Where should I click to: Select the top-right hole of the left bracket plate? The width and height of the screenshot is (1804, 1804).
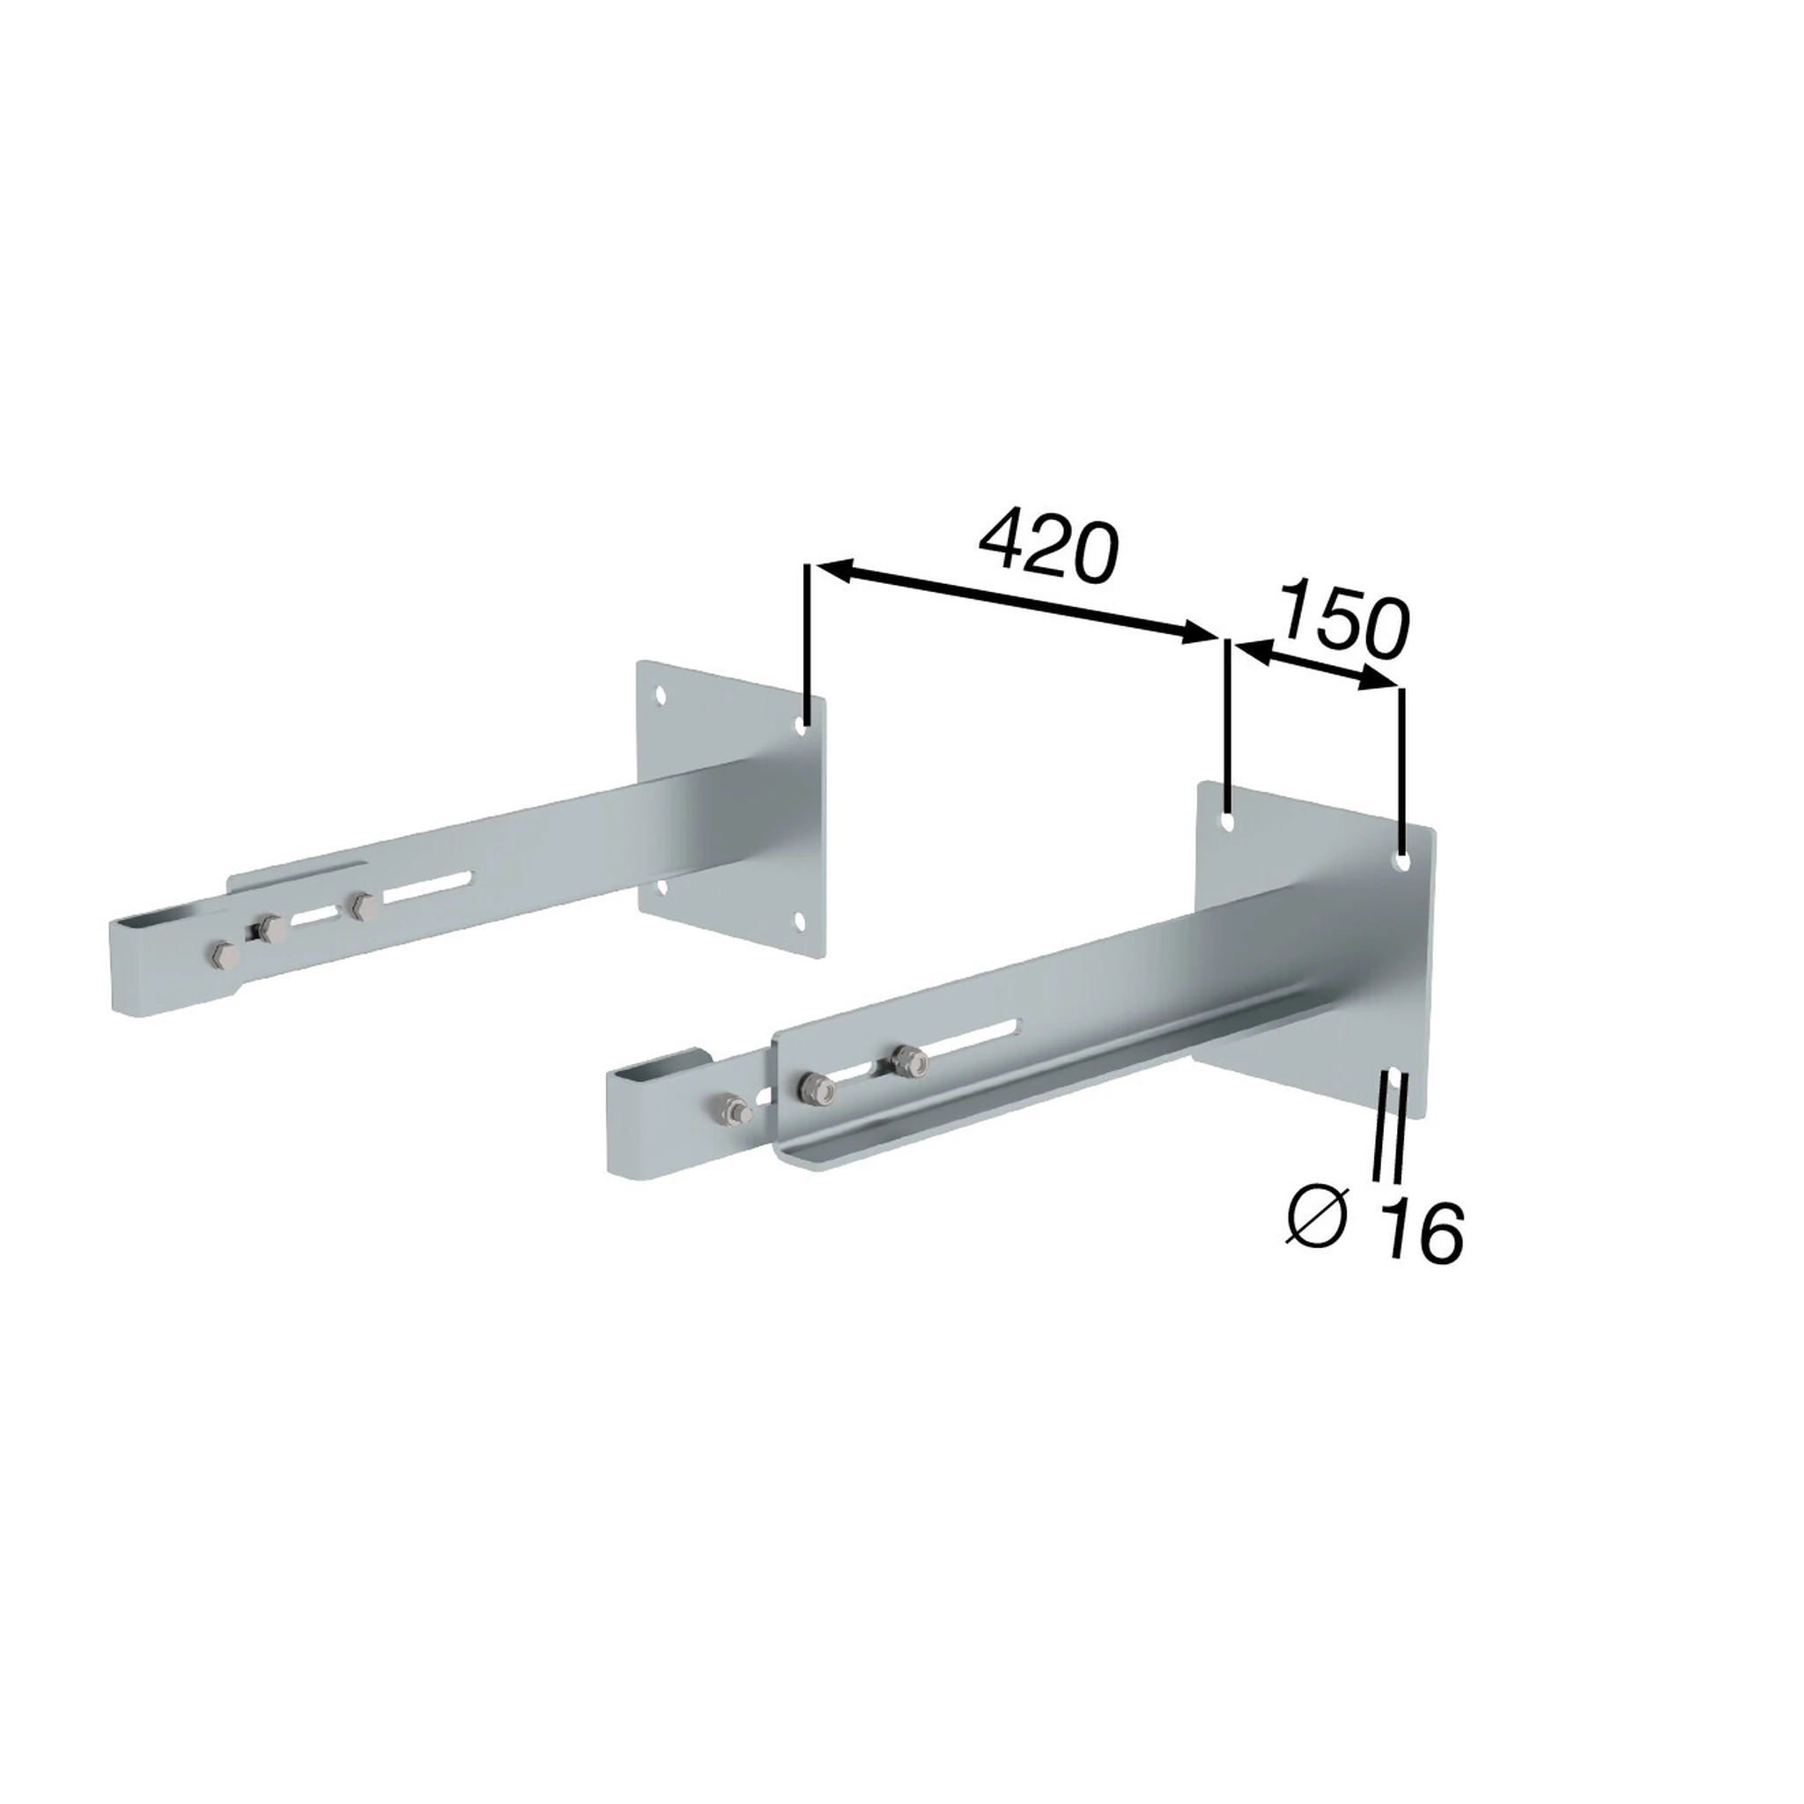click(802, 725)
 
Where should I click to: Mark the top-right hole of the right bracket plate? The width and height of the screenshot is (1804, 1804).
click(1401, 861)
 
